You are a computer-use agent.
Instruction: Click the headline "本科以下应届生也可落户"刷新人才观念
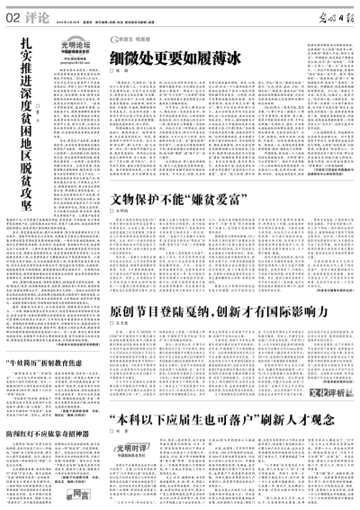pos(216,422)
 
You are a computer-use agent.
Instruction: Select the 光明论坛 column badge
pos(79,49)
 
